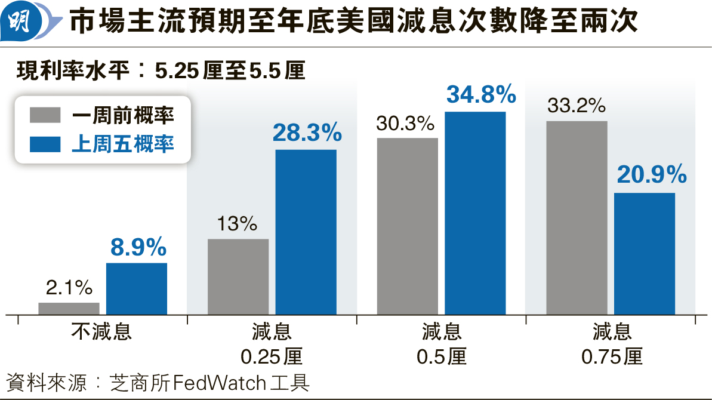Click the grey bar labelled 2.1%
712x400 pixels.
(69, 308)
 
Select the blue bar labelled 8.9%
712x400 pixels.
(137, 288)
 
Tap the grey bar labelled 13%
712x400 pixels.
(238, 276)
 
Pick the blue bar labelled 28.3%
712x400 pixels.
(306, 232)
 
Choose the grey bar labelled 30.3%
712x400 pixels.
(408, 226)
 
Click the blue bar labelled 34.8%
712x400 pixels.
(475, 213)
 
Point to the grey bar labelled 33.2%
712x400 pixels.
(577, 217)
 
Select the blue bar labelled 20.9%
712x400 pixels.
(645, 253)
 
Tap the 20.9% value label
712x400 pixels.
(651, 176)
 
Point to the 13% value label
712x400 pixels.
(238, 224)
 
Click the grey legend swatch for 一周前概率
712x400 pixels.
(45, 115)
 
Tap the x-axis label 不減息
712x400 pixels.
(102, 331)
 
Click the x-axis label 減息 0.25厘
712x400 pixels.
(272, 344)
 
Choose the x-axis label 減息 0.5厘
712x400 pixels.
(441, 344)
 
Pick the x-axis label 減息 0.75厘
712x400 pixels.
(612, 344)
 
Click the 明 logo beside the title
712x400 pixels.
(23, 22)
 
